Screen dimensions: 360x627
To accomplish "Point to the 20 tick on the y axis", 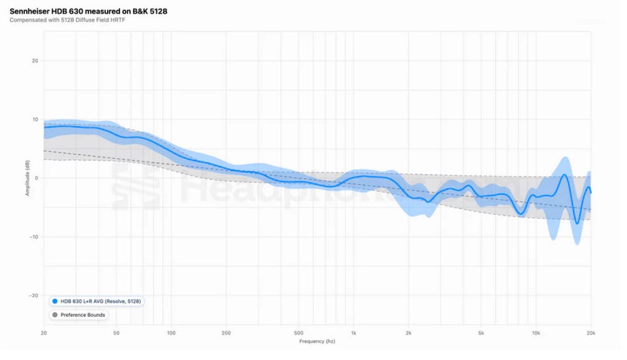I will [35, 61].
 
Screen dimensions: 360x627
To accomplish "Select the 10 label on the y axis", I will [35, 120].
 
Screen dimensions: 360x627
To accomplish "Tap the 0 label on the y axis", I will [37, 178].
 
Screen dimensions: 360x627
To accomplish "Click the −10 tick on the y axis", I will [34, 237].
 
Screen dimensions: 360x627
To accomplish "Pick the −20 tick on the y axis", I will [34, 295].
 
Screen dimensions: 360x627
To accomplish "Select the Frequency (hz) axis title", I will [317, 342].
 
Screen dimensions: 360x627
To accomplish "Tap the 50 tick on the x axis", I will [116, 333].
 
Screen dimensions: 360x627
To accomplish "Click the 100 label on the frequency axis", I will [171, 333].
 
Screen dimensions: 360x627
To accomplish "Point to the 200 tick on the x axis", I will [226, 333].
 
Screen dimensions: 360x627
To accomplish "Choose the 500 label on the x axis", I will [298, 333].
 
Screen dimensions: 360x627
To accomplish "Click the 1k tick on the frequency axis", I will [353, 333].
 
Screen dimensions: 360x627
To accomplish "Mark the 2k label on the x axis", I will [408, 333].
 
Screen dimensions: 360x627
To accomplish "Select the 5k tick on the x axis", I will [481, 333].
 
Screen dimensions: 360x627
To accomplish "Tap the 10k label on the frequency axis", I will [536, 333].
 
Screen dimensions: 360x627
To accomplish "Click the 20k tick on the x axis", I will [590, 333].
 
